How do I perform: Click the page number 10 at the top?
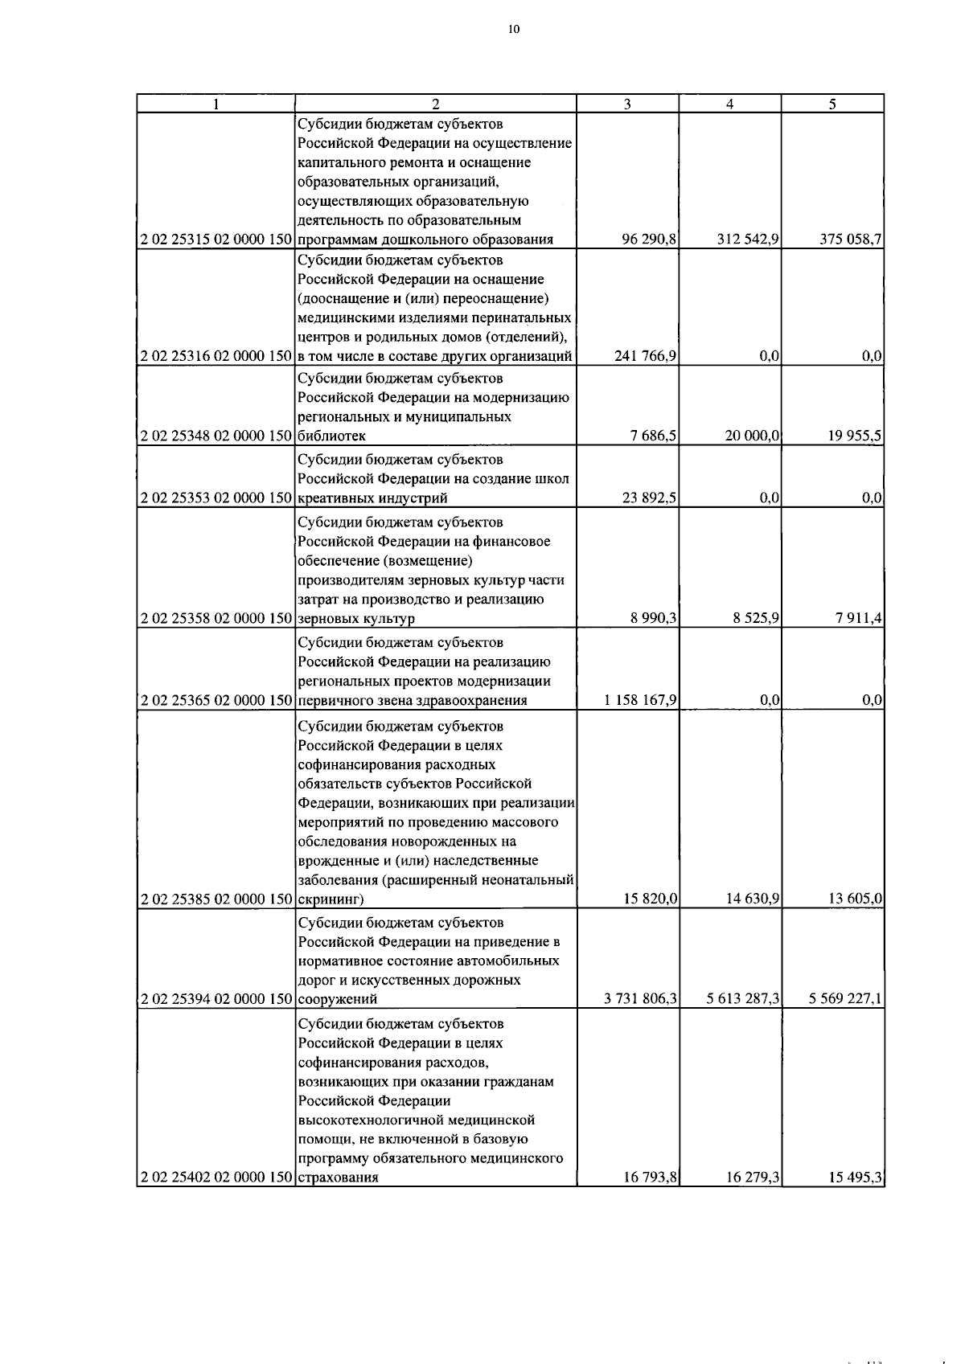click(x=514, y=30)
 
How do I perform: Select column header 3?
click(x=627, y=104)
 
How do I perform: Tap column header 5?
click(x=832, y=104)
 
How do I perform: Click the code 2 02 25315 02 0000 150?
click(x=216, y=240)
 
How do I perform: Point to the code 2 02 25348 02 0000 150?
click(x=216, y=436)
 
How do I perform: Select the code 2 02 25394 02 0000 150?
click(x=216, y=1000)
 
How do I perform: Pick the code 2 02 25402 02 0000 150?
click(x=216, y=1178)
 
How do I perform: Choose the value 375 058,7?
click(x=851, y=240)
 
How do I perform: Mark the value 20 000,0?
click(x=752, y=436)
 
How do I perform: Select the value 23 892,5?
click(x=649, y=498)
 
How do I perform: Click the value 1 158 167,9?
click(x=640, y=701)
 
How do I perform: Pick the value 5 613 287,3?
click(x=743, y=1000)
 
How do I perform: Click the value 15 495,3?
click(x=856, y=1178)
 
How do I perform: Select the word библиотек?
click(x=331, y=436)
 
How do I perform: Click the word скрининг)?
click(x=331, y=899)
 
